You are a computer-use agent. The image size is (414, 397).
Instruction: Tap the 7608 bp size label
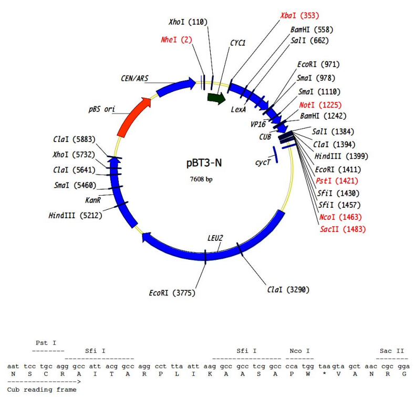(x=202, y=179)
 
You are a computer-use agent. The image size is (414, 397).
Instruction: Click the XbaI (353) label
(x=299, y=16)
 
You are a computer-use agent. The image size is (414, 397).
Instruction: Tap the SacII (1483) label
(x=343, y=229)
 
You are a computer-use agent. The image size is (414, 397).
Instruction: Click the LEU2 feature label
(x=215, y=238)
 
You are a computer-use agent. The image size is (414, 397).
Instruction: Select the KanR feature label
(x=94, y=200)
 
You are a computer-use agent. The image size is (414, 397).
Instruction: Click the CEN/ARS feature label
(x=134, y=78)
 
